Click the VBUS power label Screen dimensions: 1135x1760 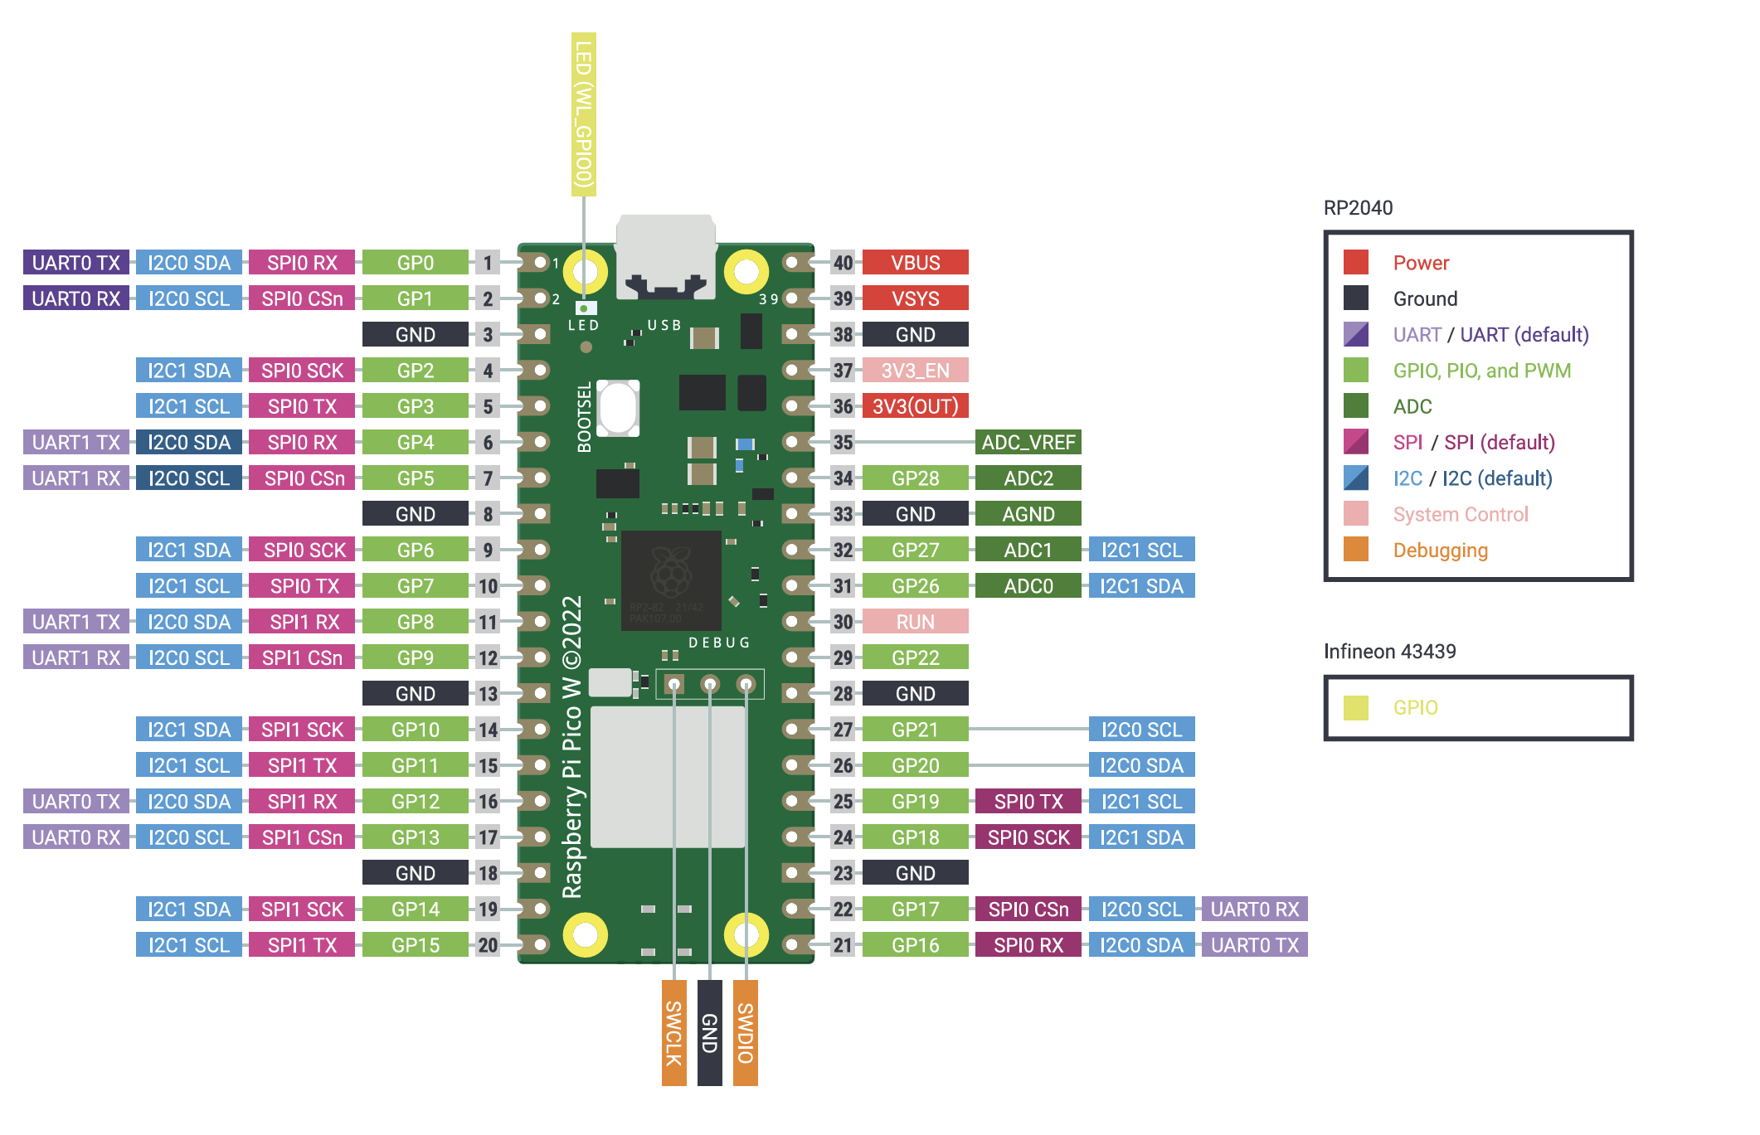tap(915, 263)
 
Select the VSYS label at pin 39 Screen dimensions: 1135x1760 tap(915, 298)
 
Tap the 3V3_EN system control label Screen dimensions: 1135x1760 tap(915, 371)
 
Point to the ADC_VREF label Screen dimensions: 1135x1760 tap(1028, 443)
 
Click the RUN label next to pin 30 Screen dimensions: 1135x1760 tap(915, 622)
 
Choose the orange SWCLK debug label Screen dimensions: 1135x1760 tap(673, 1032)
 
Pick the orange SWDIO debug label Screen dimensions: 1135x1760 tap(745, 1032)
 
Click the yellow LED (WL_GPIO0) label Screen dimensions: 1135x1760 tap(584, 114)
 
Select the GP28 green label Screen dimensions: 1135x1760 tap(915, 478)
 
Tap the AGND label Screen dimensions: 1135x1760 tap(1028, 514)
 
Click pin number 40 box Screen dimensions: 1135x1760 tap(843, 263)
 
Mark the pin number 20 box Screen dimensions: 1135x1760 tap(488, 945)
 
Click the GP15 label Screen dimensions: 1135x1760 tap(416, 945)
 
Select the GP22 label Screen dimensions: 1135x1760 tap(915, 657)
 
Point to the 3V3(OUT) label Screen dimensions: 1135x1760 tap(915, 406)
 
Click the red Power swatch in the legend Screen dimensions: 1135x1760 tap(1355, 263)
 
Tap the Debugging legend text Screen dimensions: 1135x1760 tap(1440, 551)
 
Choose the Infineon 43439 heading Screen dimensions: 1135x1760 tap(1389, 652)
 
